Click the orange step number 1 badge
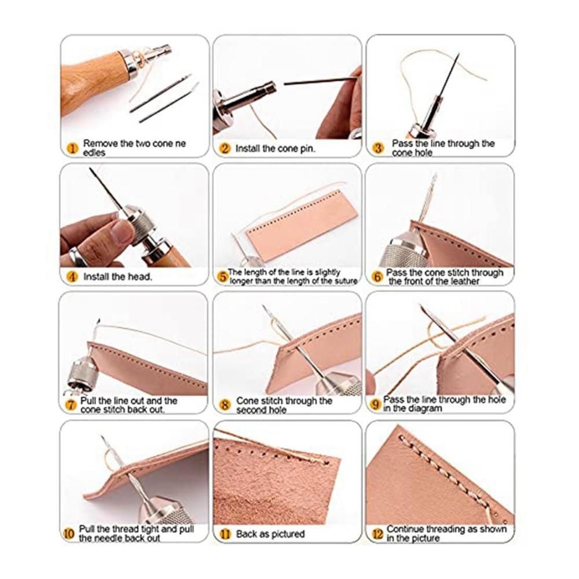(x=73, y=149)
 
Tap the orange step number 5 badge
(x=222, y=277)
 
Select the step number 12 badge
(x=378, y=534)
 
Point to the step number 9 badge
(x=375, y=404)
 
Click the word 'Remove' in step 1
(x=100, y=143)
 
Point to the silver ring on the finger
(x=78, y=257)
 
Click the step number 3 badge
(x=378, y=148)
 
